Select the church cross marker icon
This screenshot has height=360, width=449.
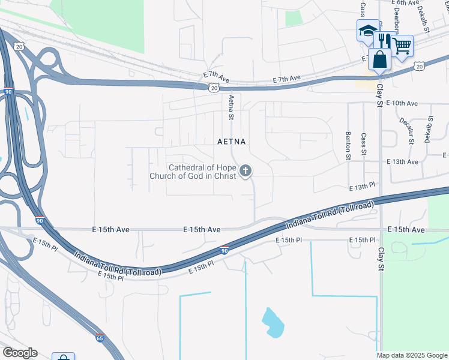[245, 172]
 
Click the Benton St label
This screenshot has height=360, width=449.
[348, 146]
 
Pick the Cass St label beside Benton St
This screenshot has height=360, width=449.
[364, 146]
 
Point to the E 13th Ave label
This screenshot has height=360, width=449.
[402, 162]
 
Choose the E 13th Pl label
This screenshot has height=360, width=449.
[363, 187]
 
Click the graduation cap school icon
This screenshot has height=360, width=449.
[367, 30]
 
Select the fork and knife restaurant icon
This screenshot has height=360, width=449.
[383, 41]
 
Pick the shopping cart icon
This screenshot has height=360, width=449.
[402, 44]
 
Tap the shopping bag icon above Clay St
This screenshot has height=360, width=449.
[380, 59]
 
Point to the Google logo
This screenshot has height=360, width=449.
[19, 353]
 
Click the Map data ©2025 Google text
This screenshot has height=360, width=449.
[412, 355]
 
